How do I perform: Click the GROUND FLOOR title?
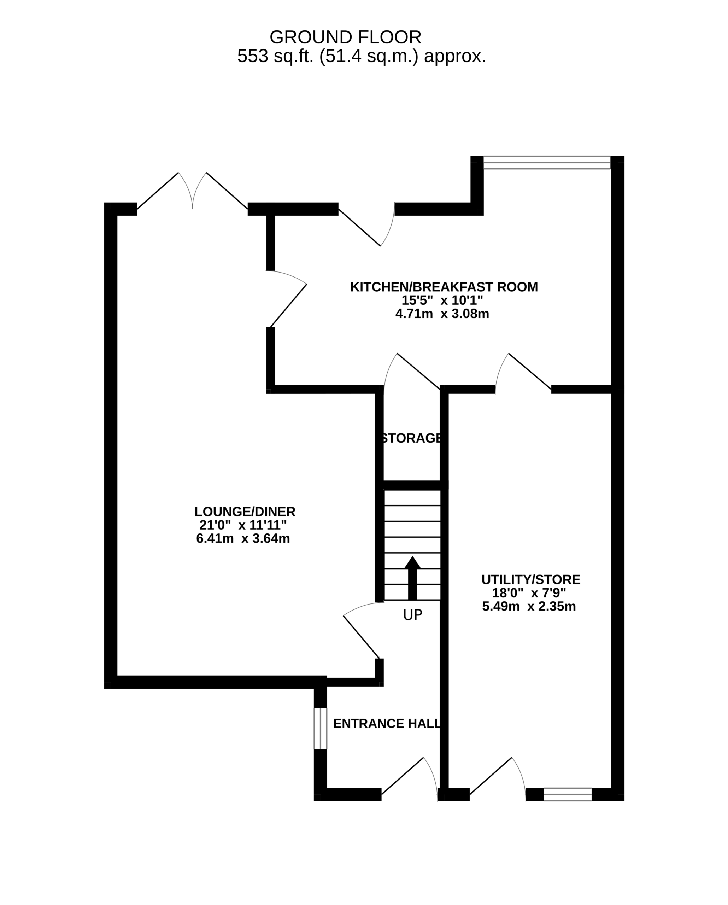click(x=345, y=37)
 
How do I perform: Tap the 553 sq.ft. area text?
click(x=362, y=56)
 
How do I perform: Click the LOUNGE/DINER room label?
click(x=245, y=512)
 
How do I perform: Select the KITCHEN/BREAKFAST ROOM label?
click(x=444, y=287)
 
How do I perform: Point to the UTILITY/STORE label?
click(x=531, y=580)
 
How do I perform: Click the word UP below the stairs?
click(x=412, y=615)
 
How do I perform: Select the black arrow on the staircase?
click(x=412, y=578)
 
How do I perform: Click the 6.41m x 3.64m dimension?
click(x=243, y=538)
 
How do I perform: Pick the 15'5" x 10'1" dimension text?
click(x=442, y=300)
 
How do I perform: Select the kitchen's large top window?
click(x=547, y=163)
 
